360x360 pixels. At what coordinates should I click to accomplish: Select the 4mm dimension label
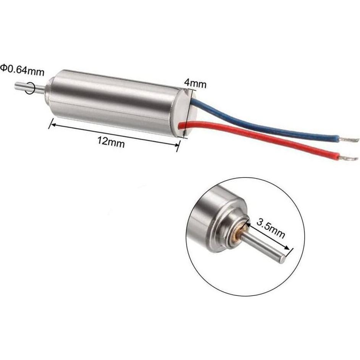point(195,83)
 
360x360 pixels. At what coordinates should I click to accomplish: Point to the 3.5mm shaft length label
point(271,228)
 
